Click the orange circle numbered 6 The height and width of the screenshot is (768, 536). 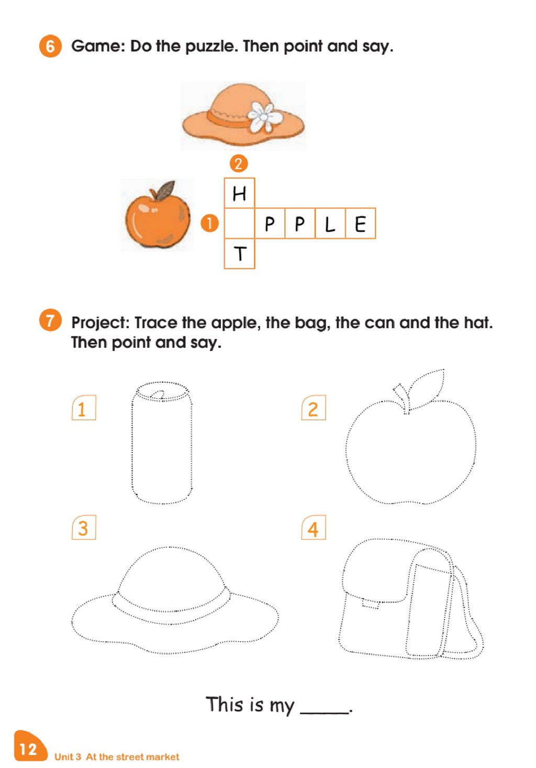pos(50,46)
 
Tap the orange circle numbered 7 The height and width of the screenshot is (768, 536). pos(50,320)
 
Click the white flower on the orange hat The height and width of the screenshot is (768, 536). pos(264,117)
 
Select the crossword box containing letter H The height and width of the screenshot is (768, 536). pos(239,193)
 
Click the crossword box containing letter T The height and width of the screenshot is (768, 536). pos(239,254)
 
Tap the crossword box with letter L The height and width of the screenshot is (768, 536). pos(330,223)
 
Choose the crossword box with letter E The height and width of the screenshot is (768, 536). pos(361,223)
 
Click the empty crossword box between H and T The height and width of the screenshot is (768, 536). pos(239,223)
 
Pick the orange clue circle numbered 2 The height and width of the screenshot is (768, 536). pos(239,163)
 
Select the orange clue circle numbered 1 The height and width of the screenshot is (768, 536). pos(209,223)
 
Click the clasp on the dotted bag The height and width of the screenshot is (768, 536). pos(371,604)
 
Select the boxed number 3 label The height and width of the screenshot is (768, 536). pos(84,527)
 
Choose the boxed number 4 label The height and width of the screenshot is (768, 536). pos(313,527)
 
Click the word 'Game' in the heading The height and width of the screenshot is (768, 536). pos(98,46)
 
